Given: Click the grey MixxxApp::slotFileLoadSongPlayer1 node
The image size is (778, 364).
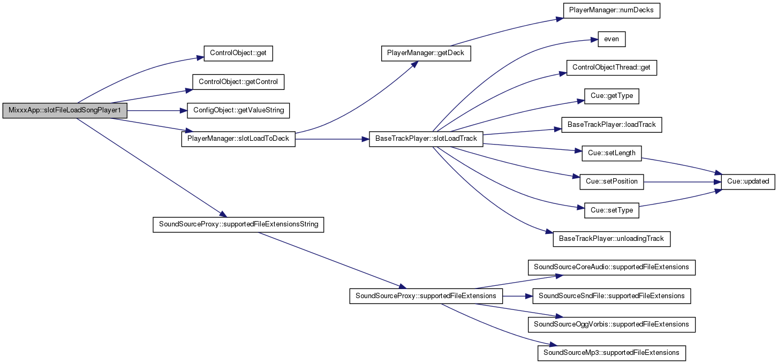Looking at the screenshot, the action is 65,110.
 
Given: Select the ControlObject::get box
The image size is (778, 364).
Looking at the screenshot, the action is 238,54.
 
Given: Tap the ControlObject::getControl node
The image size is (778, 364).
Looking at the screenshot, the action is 238,82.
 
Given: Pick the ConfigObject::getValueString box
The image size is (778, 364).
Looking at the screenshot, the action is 238,110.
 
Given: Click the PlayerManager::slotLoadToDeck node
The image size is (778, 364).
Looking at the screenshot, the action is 238,139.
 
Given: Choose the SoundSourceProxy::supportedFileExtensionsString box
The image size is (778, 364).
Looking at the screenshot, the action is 238,225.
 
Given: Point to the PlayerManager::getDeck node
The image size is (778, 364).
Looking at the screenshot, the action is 426,54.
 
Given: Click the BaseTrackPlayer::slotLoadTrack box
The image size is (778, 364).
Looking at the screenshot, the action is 426,139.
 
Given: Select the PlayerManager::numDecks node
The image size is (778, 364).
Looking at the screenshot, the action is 611,10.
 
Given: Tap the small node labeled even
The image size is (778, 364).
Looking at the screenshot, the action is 611,39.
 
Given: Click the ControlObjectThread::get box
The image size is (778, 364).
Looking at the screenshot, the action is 611,68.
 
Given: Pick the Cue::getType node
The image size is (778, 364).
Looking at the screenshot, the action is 611,96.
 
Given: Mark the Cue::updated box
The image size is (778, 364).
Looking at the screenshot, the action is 748,181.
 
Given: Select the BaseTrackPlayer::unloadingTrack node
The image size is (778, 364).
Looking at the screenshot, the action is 611,239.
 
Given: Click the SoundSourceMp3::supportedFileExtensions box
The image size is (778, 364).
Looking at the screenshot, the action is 611,353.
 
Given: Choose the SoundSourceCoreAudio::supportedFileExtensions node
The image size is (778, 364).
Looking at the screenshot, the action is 611,268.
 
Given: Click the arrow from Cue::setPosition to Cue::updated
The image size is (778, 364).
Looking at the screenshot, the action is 683,181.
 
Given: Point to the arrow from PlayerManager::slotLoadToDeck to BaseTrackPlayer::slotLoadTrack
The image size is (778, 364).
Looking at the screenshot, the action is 332,139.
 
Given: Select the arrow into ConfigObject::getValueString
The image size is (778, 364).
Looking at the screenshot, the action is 157,111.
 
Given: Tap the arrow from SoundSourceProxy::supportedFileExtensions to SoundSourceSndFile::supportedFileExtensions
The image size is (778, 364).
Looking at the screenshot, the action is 518,296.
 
